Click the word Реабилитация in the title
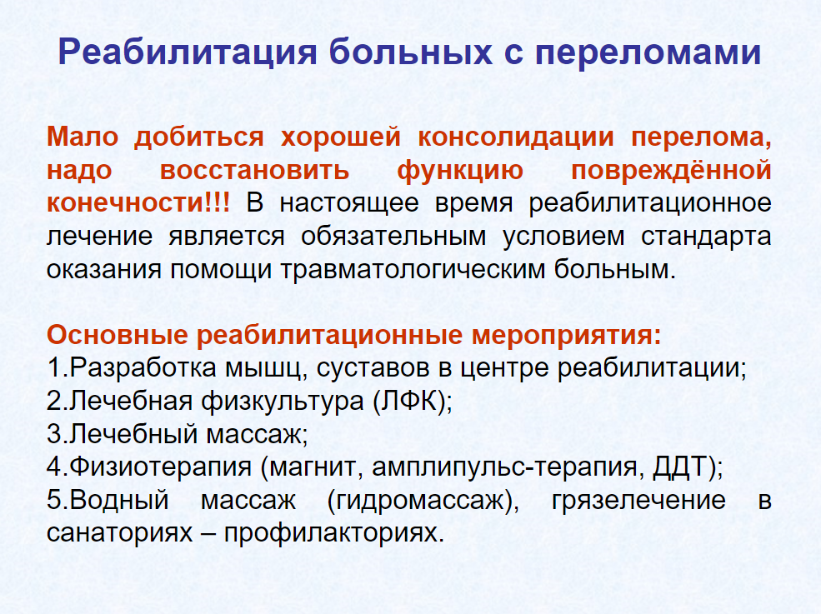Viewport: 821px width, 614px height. (188, 52)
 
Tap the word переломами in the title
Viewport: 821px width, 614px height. (648, 52)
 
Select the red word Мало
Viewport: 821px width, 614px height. (83, 137)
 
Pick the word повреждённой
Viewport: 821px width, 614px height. (671, 171)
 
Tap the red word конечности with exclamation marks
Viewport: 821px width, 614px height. (138, 203)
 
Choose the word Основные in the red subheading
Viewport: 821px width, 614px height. (117, 334)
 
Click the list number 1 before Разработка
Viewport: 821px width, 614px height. (54, 367)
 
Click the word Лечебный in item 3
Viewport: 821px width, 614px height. (133, 434)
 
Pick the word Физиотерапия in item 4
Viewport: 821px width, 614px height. (160, 467)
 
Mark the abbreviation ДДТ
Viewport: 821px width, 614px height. (679, 467)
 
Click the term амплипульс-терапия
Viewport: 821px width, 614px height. (504, 467)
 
